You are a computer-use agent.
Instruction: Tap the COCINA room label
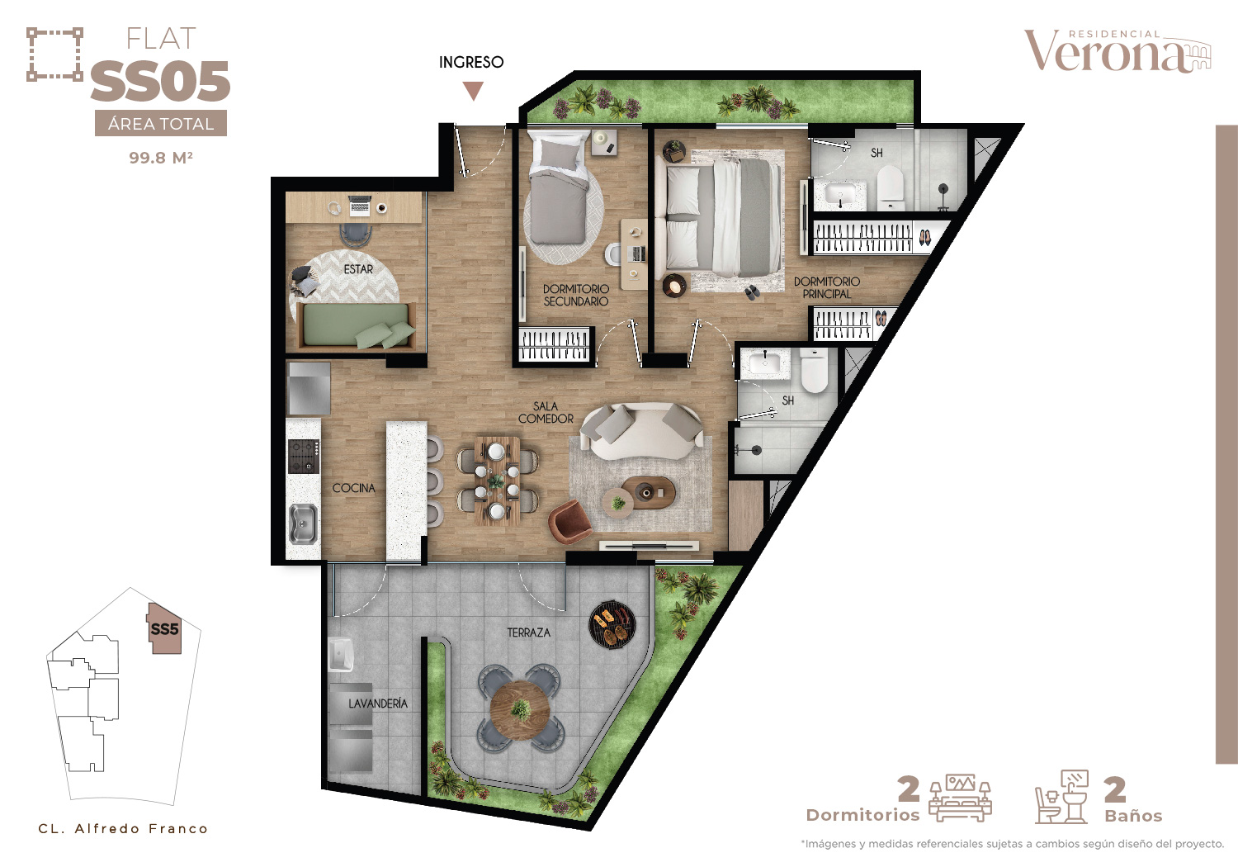(354, 488)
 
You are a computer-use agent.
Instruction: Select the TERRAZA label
(529, 632)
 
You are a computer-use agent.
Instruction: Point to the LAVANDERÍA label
(378, 704)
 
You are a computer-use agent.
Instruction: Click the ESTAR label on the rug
(358, 269)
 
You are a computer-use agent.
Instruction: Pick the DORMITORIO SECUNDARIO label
(576, 296)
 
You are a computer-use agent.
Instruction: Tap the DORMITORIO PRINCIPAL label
(827, 287)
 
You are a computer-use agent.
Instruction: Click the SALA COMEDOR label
(546, 413)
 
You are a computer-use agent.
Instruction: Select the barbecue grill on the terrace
(612, 624)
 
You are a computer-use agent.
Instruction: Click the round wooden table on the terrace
(520, 710)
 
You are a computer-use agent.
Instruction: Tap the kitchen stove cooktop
(304, 457)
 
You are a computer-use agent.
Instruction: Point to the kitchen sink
(303, 523)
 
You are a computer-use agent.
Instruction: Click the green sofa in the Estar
(357, 325)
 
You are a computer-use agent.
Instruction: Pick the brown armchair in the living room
(569, 521)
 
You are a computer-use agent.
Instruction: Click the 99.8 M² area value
(161, 158)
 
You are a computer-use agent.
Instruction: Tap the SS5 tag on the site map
(165, 629)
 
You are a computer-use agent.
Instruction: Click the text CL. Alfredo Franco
(123, 829)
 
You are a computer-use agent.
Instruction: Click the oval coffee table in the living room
(648, 491)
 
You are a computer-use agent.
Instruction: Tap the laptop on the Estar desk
(360, 205)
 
